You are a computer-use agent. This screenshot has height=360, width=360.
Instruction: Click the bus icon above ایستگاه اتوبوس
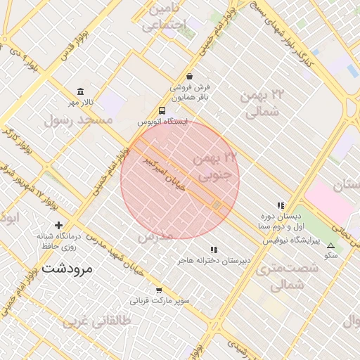click(162, 110)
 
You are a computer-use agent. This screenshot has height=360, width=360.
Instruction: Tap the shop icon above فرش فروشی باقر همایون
click(189, 77)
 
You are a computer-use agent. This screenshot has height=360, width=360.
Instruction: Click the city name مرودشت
click(67, 268)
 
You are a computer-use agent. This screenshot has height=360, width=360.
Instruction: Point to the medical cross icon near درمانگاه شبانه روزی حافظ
click(58, 225)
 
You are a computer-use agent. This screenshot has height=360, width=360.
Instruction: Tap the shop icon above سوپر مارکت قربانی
click(159, 290)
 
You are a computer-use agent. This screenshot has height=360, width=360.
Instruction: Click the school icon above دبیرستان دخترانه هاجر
click(214, 250)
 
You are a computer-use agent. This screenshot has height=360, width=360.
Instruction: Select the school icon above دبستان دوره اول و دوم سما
click(281, 206)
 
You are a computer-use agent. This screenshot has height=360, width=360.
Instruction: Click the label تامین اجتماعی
click(164, 18)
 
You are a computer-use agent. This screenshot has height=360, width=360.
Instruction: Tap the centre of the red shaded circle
click(180, 179)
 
